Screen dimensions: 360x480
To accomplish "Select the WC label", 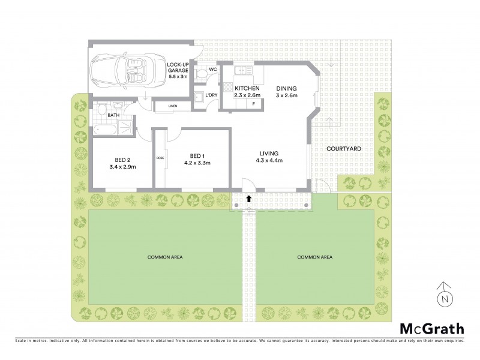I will tap(213, 70).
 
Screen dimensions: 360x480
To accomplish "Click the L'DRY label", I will tap(211, 95).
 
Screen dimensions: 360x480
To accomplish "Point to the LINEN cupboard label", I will tap(173, 106).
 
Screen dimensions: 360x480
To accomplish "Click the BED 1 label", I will tap(197, 154).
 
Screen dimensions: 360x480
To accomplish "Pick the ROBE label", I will tap(160, 158).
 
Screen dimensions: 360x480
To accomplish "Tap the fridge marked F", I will tap(254, 104).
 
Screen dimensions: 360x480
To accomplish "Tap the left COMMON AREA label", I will tap(165, 257).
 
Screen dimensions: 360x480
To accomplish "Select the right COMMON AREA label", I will tap(315, 257).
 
